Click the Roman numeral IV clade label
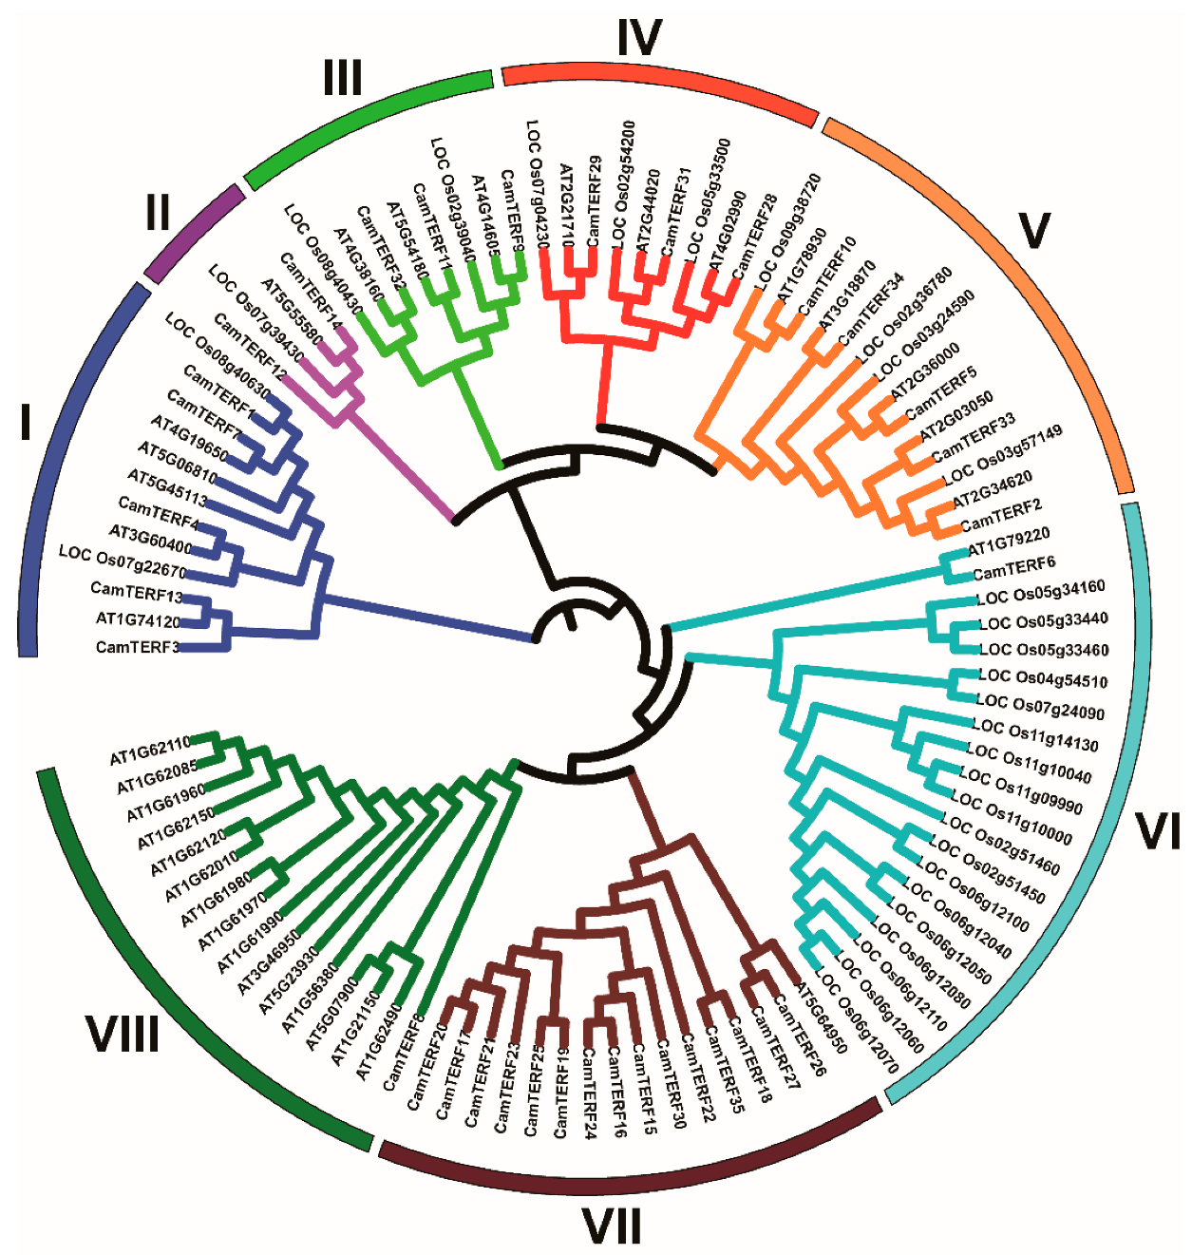[x=638, y=38]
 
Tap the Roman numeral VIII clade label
[x=123, y=1033]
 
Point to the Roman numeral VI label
[x=1158, y=831]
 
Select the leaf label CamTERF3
[x=137, y=648]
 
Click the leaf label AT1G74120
[x=138, y=620]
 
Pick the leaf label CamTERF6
[x=1014, y=569]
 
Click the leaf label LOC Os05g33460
[x=1044, y=651]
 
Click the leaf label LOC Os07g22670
[x=122, y=561]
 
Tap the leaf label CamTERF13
[x=136, y=592]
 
